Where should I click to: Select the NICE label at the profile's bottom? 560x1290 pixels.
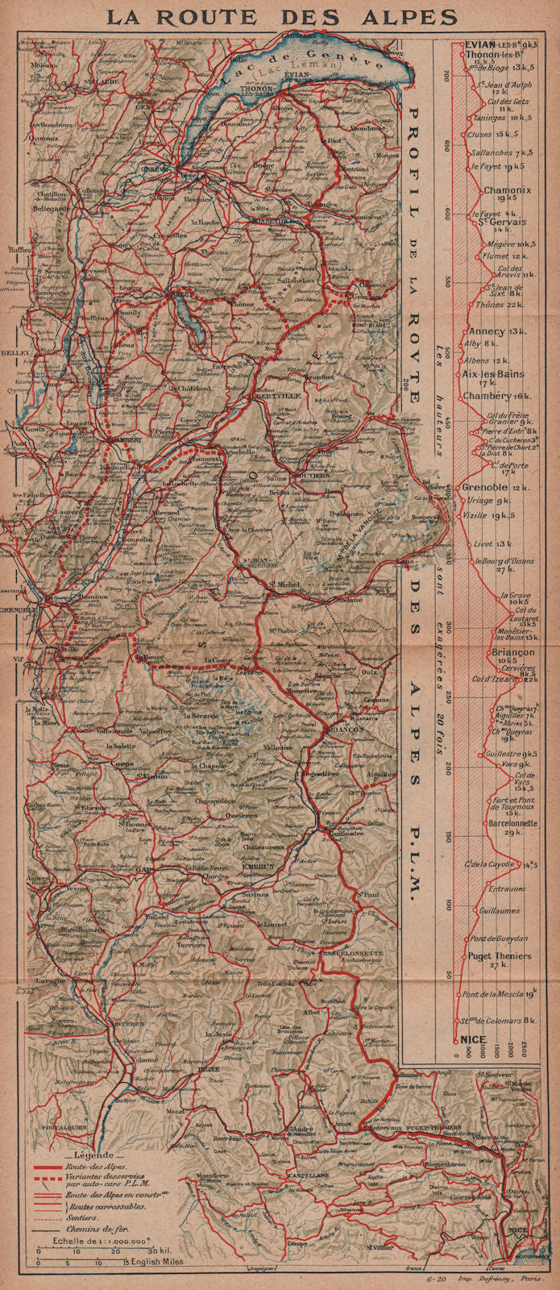click(473, 1038)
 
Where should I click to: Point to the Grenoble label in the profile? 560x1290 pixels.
click(484, 488)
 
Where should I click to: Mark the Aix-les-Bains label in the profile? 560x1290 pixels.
click(493, 374)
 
